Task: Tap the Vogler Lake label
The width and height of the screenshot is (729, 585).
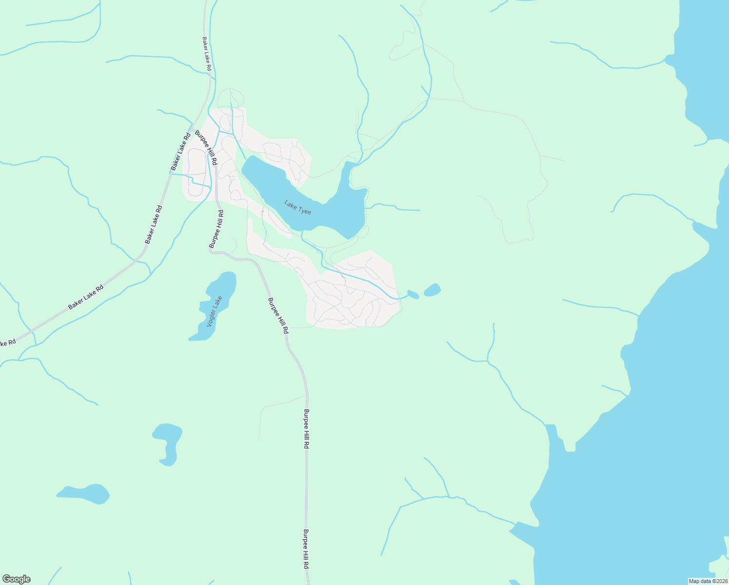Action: tap(214, 311)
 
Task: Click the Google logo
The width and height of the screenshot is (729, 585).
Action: tap(16, 579)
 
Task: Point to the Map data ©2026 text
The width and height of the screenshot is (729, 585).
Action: tap(708, 581)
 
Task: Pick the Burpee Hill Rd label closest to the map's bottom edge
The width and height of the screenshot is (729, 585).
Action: tap(306, 549)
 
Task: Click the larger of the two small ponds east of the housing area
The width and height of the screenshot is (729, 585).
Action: tap(432, 290)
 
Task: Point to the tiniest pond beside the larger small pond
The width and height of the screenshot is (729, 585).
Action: tap(413, 294)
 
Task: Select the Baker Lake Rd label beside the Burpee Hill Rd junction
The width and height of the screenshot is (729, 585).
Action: tap(180, 152)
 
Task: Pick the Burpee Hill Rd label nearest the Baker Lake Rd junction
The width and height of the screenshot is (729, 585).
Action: tap(207, 147)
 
